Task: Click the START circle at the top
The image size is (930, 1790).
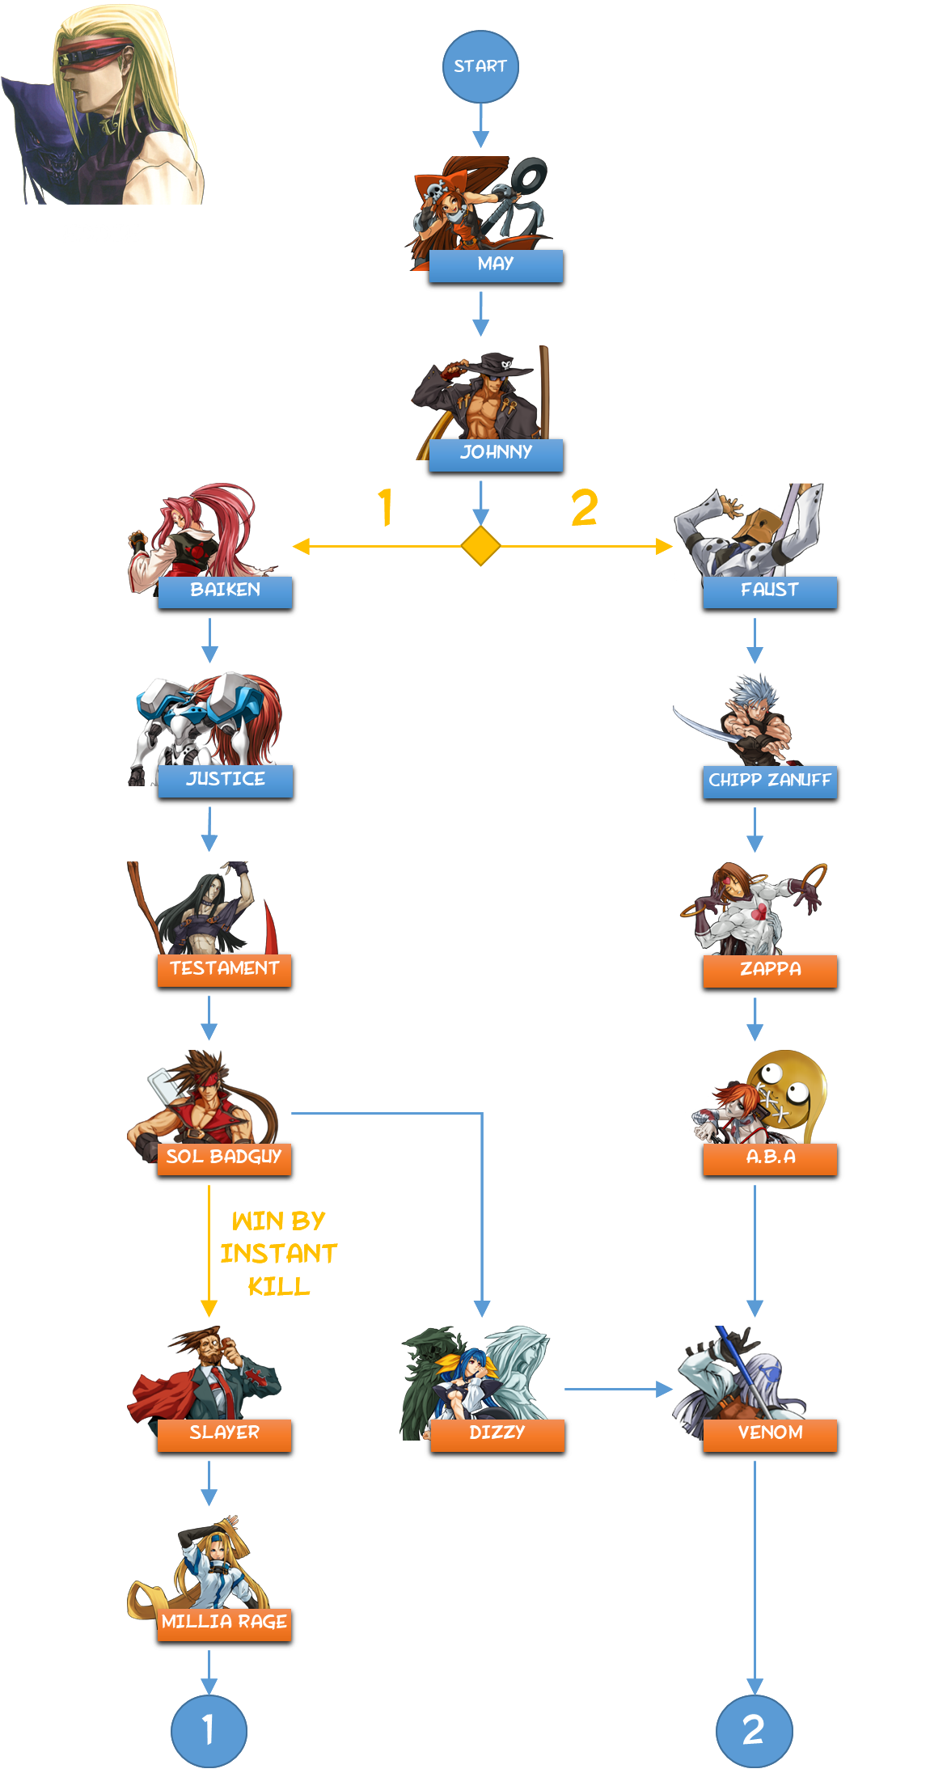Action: tap(480, 66)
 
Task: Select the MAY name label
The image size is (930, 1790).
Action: tap(496, 265)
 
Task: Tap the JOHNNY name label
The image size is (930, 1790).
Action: tap(496, 454)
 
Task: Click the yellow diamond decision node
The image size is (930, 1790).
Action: tap(480, 546)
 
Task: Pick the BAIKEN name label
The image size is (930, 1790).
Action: tap(225, 591)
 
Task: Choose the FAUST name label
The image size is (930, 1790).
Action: tap(770, 591)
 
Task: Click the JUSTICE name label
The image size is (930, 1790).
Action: tap(225, 781)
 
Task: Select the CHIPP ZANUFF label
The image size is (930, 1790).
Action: tap(770, 781)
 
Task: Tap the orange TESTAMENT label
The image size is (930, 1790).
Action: tap(224, 970)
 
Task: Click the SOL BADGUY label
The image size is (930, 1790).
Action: tap(224, 1158)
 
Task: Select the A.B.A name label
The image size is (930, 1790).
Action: tap(770, 1158)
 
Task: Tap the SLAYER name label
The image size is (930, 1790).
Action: tap(224, 1434)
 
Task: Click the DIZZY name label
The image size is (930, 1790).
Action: tap(497, 1434)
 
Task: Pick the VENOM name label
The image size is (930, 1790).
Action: tap(770, 1434)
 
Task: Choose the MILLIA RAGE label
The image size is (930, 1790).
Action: tap(224, 1623)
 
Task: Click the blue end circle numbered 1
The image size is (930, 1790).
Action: tap(209, 1730)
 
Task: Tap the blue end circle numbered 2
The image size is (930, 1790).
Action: tap(754, 1730)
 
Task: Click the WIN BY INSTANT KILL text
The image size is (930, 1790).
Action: tap(279, 1253)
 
